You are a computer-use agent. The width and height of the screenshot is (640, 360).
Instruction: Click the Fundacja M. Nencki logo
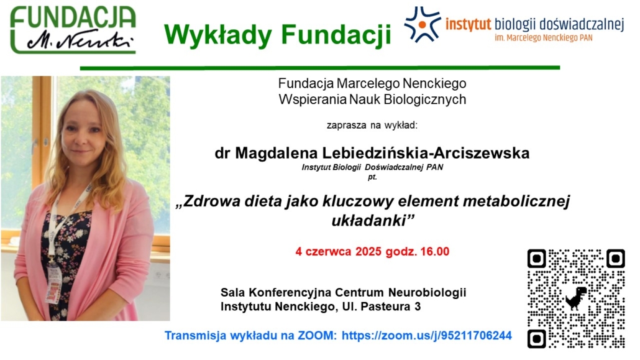click(73, 30)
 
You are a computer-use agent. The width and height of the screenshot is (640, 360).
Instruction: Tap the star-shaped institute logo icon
click(423, 24)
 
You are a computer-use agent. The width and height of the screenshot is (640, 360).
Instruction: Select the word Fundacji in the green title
click(336, 35)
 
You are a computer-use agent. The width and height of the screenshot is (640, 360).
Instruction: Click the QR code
click(576, 298)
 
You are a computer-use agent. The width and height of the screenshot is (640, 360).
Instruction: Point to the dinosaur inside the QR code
click(576, 298)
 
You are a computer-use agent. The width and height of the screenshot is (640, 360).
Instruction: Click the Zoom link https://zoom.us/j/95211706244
click(426, 336)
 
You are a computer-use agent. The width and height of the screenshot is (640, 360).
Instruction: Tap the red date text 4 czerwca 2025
click(323, 251)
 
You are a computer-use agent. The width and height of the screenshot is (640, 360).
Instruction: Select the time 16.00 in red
click(435, 251)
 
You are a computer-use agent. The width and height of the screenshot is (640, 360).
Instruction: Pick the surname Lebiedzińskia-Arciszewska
click(426, 153)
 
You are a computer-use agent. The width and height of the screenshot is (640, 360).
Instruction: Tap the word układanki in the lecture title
click(373, 221)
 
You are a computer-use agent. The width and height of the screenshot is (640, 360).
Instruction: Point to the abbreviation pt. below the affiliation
click(372, 177)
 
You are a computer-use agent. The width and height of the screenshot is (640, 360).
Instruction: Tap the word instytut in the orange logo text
click(468, 24)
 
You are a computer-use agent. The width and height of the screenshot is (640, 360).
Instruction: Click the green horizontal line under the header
click(320, 68)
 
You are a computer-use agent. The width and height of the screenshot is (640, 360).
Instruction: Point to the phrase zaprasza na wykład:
click(372, 125)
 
